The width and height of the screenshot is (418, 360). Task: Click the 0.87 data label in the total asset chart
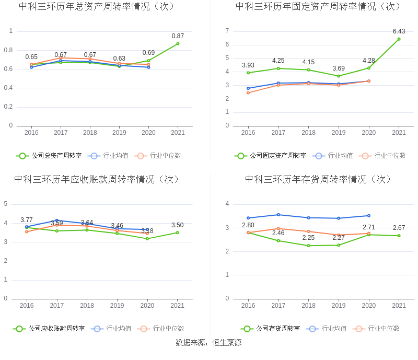tap(178, 36)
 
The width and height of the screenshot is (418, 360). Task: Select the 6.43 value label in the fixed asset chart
tap(399, 31)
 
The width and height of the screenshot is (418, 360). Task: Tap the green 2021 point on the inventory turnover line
tap(399, 236)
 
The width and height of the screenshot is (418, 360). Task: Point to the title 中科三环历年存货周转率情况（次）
tap(318, 179)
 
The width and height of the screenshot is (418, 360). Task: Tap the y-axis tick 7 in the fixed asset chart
tap(227, 31)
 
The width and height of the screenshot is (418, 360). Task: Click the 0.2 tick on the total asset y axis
tap(8, 107)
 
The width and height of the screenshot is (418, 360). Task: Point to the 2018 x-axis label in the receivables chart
tap(87, 306)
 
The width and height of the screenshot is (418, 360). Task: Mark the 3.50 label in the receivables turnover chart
tap(178, 225)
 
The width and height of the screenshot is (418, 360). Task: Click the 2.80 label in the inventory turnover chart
tap(248, 225)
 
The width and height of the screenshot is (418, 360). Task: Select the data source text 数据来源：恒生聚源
tap(208, 343)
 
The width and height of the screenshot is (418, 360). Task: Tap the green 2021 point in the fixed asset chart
tap(399, 39)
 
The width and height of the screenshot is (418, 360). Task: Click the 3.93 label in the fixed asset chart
tap(248, 65)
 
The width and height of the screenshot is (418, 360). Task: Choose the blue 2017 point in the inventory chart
tap(278, 215)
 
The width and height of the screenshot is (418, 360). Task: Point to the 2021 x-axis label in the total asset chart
tap(178, 133)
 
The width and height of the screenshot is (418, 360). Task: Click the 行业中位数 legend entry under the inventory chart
tap(384, 329)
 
